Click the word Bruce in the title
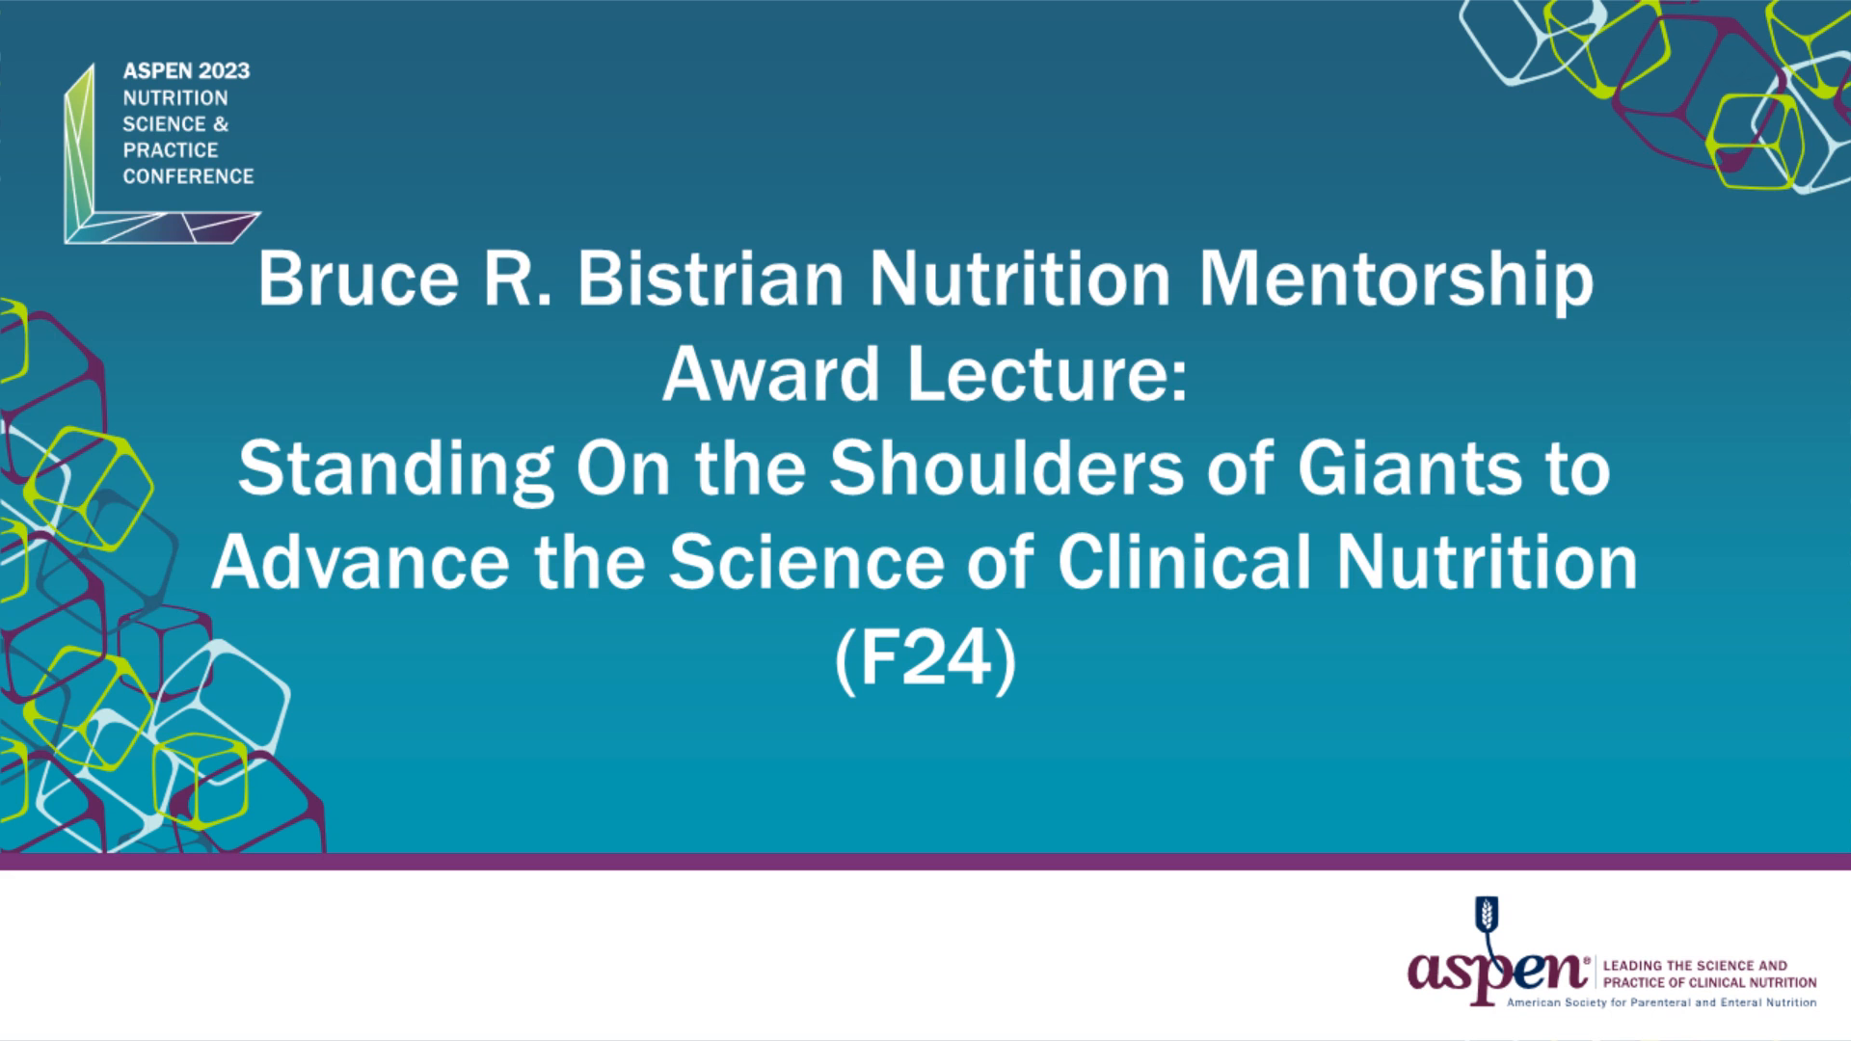coord(358,280)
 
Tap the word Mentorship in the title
coord(1396,280)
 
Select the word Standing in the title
coord(395,469)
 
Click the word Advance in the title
coord(361,563)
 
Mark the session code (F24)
coord(925,659)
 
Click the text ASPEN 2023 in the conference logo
coord(186,71)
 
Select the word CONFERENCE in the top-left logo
coord(188,176)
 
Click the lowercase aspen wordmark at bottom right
coord(1496,972)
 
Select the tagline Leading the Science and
coord(1695,966)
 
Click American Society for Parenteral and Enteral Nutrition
coord(1661,1002)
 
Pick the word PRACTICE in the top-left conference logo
coord(171,150)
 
